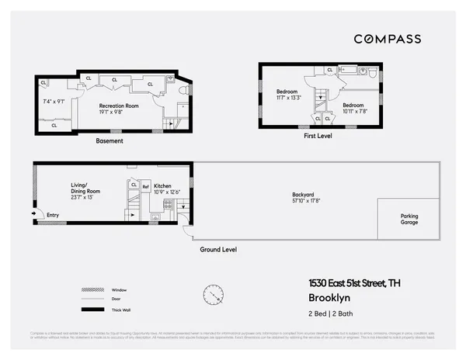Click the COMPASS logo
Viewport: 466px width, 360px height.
pyautogui.click(x=388, y=39)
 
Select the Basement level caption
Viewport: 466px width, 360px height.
pyautogui.click(x=110, y=141)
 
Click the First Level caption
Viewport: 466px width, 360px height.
pyautogui.click(x=317, y=135)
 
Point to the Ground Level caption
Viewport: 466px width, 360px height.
pyautogui.click(x=218, y=250)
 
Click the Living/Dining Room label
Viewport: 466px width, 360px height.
pyautogui.click(x=85, y=189)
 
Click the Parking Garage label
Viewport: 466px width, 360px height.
pyautogui.click(x=409, y=220)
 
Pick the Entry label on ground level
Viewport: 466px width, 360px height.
pyautogui.click(x=52, y=215)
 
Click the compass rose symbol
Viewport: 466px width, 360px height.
pyautogui.click(x=213, y=296)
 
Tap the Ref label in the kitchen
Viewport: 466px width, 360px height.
pyautogui.click(x=145, y=186)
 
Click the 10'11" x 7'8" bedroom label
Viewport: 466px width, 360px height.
pyautogui.click(x=353, y=108)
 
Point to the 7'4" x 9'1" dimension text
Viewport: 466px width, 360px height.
pyautogui.click(x=54, y=102)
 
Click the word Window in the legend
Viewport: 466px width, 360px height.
pyautogui.click(x=118, y=290)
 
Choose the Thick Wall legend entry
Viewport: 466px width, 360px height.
pyautogui.click(x=120, y=310)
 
